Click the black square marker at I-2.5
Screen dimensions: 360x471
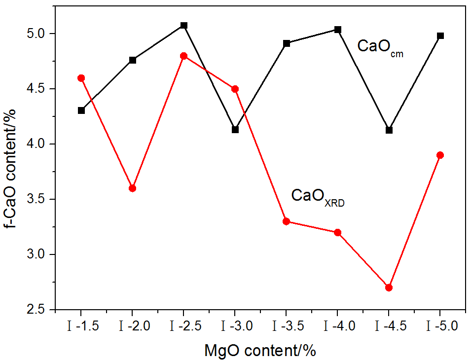(184, 25)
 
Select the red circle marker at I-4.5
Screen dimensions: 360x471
(389, 288)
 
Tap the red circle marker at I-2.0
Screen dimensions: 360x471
(133, 188)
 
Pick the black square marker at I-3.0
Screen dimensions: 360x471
(235, 130)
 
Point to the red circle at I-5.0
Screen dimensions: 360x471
(440, 155)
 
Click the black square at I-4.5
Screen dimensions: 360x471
(389, 130)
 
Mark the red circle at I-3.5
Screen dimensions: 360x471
(287, 221)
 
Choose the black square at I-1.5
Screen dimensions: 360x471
(81, 110)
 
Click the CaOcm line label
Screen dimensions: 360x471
(380, 47)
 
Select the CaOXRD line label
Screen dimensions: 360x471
(318, 197)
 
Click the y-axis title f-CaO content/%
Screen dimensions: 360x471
(13, 168)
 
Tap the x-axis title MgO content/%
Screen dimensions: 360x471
(259, 351)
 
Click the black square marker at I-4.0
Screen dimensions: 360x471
(338, 30)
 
